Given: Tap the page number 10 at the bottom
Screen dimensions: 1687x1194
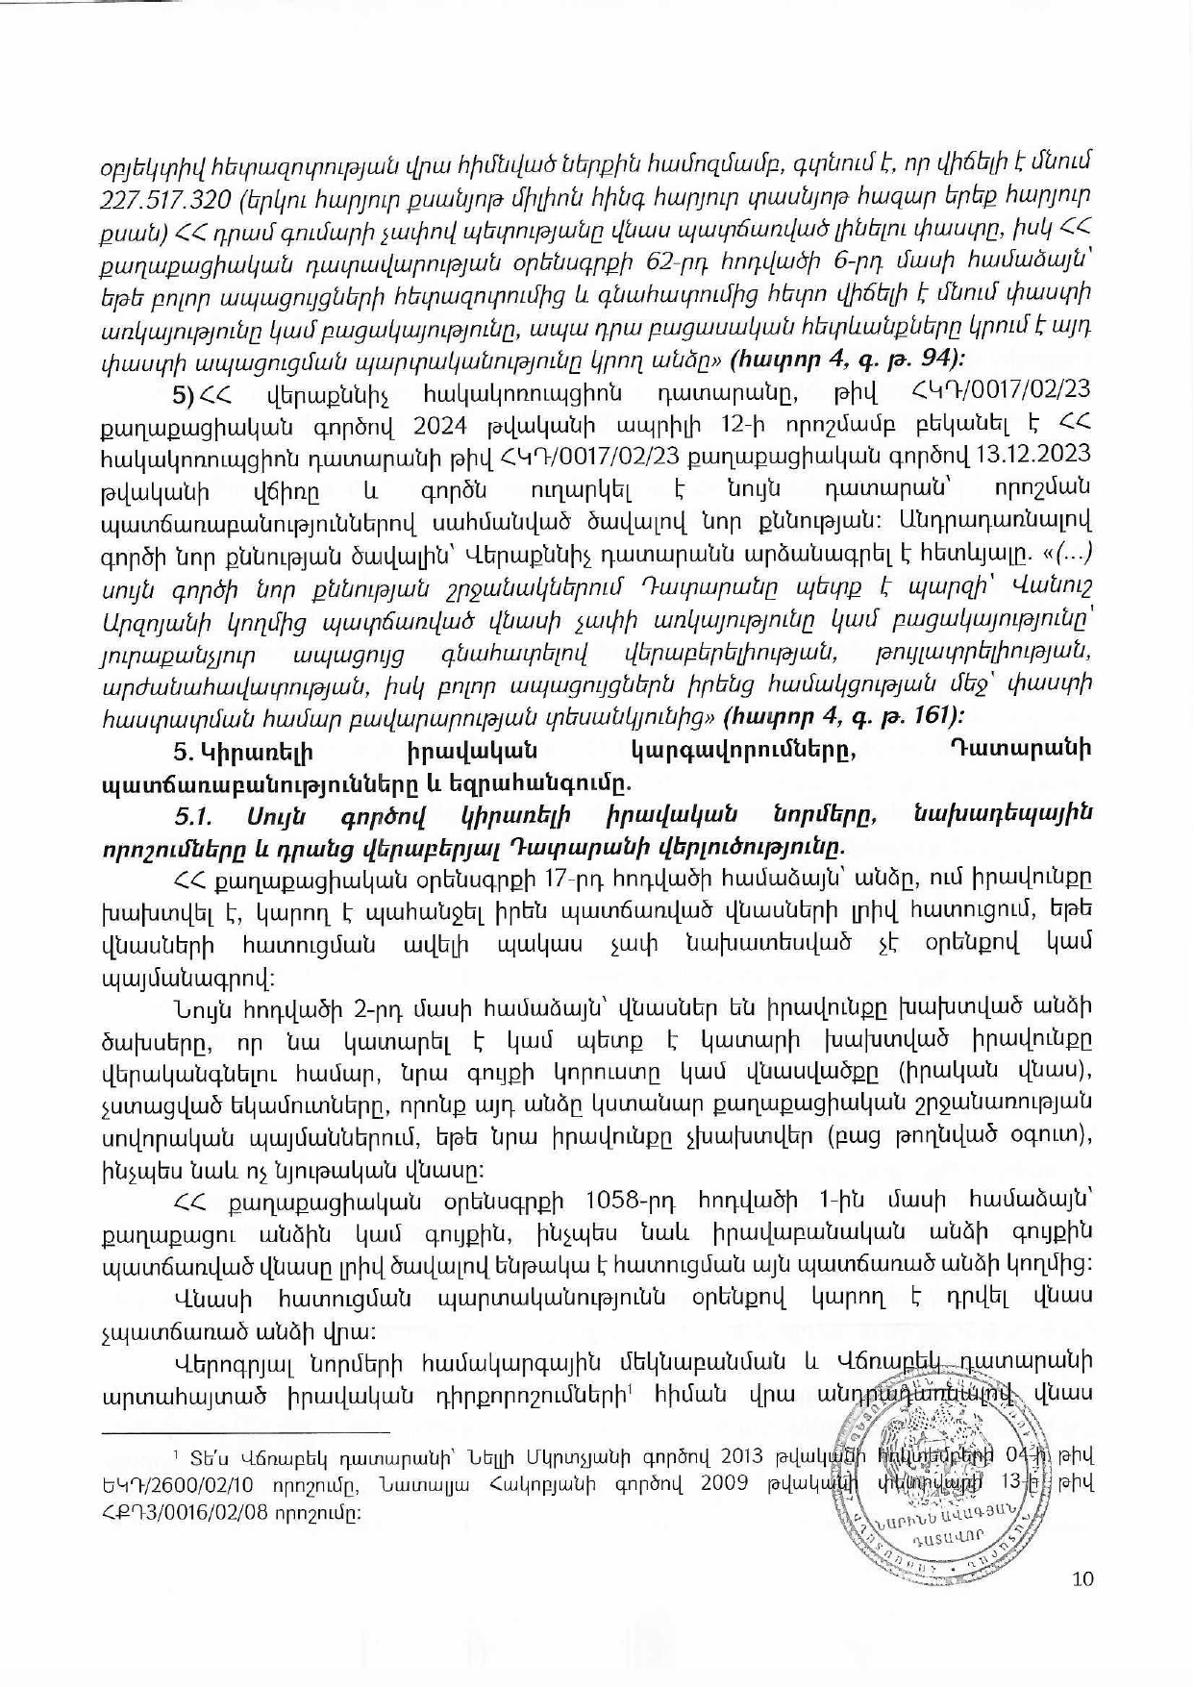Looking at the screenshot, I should [x=1082, y=1578].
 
